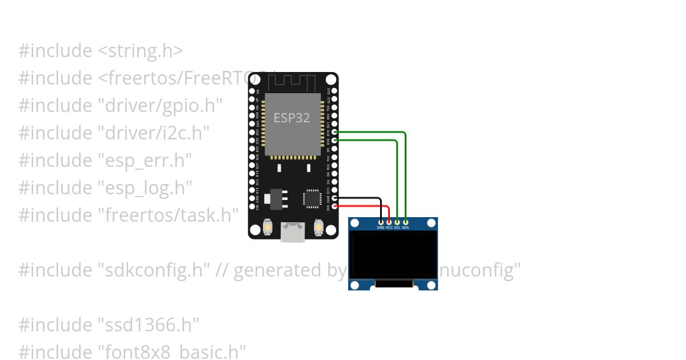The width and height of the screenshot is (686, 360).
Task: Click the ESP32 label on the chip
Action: [x=292, y=118]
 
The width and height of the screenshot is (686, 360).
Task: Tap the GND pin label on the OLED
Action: [x=381, y=227]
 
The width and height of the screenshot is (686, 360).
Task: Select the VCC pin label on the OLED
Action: [x=389, y=227]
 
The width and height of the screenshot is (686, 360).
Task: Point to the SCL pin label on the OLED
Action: [x=397, y=227]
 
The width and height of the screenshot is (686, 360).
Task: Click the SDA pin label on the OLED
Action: [x=405, y=227]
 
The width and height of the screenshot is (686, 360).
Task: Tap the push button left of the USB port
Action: [x=268, y=228]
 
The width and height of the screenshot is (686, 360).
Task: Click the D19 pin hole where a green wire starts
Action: [x=334, y=132]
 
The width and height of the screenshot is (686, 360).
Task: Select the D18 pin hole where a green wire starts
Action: [x=334, y=140]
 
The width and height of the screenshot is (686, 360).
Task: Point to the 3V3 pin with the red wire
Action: [x=334, y=206]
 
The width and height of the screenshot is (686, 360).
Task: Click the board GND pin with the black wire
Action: [x=334, y=198]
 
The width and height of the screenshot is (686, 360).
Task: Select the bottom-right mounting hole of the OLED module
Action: [x=432, y=285]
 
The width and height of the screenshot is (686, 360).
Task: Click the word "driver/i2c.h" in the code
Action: [x=153, y=133]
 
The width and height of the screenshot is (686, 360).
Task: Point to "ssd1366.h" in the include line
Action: [x=149, y=325]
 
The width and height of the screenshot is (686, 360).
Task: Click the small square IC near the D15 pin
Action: [x=313, y=198]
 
